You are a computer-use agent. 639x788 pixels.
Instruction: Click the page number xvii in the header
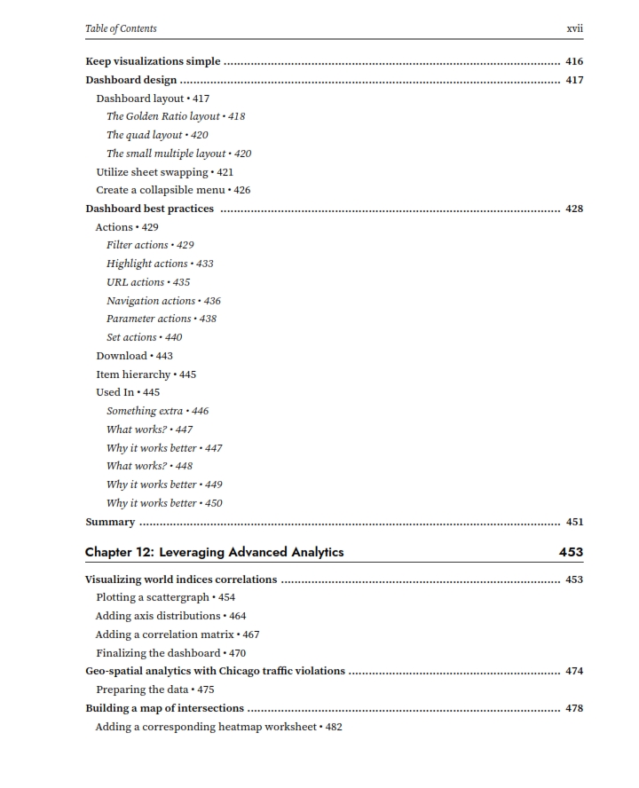click(574, 28)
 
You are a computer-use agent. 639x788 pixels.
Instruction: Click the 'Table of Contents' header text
click(121, 28)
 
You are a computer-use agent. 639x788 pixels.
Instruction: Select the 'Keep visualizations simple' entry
click(153, 62)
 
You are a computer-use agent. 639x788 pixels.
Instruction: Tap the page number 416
click(574, 62)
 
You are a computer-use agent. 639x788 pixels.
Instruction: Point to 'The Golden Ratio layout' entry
click(163, 116)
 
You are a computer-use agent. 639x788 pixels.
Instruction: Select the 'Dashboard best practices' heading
click(149, 209)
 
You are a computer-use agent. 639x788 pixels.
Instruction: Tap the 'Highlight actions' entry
click(147, 264)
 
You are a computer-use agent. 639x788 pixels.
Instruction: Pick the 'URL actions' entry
click(136, 282)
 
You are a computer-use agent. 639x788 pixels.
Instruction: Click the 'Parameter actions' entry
click(149, 319)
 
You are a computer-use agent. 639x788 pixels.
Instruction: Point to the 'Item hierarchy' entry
click(133, 374)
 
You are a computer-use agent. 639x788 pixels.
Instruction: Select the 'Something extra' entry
click(145, 411)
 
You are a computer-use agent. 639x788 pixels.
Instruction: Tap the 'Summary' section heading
click(110, 522)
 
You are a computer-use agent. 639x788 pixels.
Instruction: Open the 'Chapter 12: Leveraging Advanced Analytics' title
click(214, 552)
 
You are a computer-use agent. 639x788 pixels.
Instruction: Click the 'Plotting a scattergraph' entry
click(153, 597)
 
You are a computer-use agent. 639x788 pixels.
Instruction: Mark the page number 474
click(574, 671)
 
